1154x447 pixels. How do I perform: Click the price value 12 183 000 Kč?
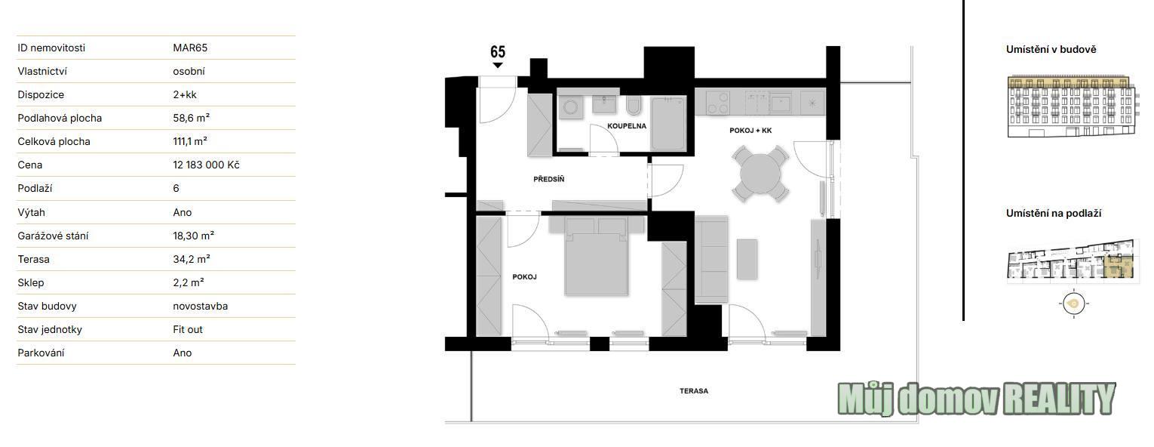tap(206, 165)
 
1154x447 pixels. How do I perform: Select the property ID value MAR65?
tap(190, 48)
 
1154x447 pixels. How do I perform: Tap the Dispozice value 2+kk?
tap(185, 95)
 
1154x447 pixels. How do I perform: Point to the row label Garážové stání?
tap(53, 236)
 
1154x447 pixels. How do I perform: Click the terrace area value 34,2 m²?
tap(191, 259)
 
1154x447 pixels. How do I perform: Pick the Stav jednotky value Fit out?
tap(188, 329)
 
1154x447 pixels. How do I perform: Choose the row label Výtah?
tap(32, 212)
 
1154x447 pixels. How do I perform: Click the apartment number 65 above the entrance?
tap(498, 52)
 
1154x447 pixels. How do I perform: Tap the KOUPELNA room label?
tap(627, 126)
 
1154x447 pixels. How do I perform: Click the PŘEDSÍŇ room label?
tap(548, 179)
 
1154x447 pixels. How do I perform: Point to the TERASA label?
tap(693, 391)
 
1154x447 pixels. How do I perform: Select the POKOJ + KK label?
tap(750, 131)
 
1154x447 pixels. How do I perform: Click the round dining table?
tap(760, 174)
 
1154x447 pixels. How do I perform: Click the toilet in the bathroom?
tap(634, 105)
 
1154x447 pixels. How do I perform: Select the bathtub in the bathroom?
tap(668, 123)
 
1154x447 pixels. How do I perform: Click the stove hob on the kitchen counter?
tap(718, 102)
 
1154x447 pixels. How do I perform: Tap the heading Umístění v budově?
tap(1051, 50)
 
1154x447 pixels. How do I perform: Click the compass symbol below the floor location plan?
tap(1073, 304)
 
